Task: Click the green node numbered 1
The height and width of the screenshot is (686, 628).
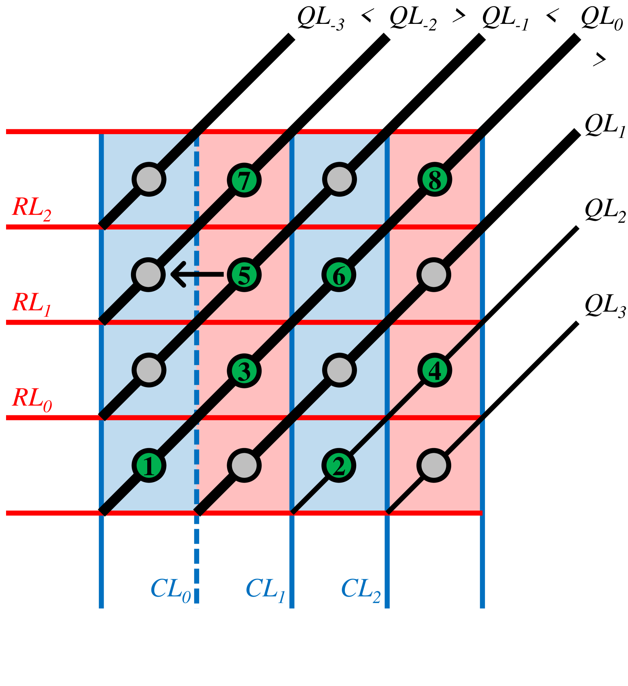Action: click(x=149, y=466)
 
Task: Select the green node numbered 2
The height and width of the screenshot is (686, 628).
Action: click(x=339, y=466)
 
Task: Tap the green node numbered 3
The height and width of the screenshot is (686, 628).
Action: click(x=244, y=370)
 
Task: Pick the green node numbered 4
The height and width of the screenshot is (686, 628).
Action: click(x=435, y=370)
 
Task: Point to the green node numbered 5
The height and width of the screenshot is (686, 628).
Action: click(x=244, y=275)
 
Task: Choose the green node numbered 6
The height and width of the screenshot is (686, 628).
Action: click(x=339, y=275)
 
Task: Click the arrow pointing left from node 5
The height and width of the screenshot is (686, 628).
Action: click(x=197, y=274)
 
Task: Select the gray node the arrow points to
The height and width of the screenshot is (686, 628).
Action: click(x=148, y=275)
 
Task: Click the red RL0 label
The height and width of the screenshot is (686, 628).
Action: click(x=32, y=399)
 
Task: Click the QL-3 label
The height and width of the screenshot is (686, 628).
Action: click(x=320, y=19)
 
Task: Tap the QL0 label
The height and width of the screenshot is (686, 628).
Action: click(x=602, y=19)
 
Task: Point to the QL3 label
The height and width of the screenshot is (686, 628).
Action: click(x=605, y=306)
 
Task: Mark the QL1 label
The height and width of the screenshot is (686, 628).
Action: click(x=605, y=126)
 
